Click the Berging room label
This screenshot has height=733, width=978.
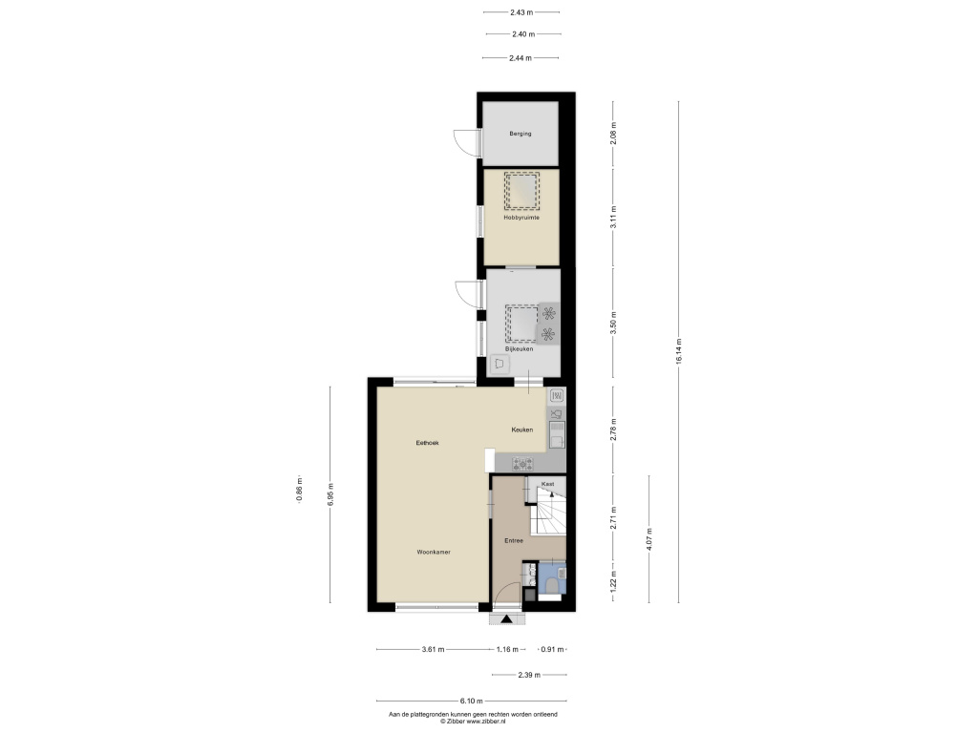click(521, 134)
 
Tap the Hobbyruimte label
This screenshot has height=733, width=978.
click(521, 218)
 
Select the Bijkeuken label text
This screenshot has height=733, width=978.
click(519, 349)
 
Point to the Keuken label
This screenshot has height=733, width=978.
click(522, 429)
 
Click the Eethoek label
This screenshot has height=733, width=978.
click(427, 443)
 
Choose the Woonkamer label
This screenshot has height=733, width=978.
click(434, 552)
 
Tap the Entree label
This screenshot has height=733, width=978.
click(514, 540)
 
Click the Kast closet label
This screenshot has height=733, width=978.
click(547, 484)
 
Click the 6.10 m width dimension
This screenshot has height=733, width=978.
click(472, 701)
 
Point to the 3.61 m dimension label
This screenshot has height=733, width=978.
click(433, 649)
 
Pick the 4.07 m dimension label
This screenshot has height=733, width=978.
click(648, 539)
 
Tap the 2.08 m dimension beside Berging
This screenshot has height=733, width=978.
click(613, 134)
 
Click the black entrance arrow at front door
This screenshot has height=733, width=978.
click(506, 618)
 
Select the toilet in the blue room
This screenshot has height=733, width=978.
click(552, 584)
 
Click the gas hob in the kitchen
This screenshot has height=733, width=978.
click(522, 464)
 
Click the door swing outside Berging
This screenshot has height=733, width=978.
click(466, 142)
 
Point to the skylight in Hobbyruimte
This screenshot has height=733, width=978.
click(521, 191)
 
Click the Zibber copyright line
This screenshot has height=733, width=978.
click(473, 722)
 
